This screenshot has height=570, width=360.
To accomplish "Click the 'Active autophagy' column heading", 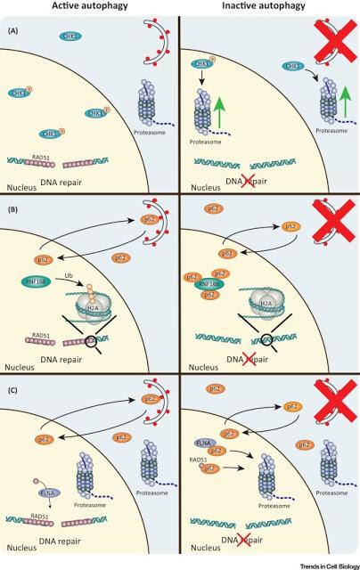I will [90, 9].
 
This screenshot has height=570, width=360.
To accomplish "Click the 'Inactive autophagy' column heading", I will [270, 9].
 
